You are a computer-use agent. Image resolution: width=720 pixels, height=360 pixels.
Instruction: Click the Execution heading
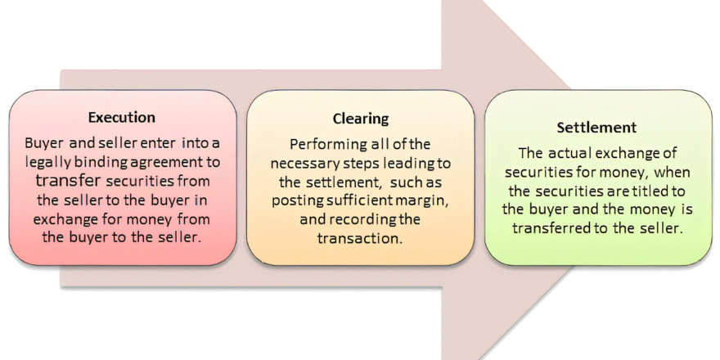121,117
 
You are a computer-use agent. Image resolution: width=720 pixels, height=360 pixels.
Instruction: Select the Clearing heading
360,119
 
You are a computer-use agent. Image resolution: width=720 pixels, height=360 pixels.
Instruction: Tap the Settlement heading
597,128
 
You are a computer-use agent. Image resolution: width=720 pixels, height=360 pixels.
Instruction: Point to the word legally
50,160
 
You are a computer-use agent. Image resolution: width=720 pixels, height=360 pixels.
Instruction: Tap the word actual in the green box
568,153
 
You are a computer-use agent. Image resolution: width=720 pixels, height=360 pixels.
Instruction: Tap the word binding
110,160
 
